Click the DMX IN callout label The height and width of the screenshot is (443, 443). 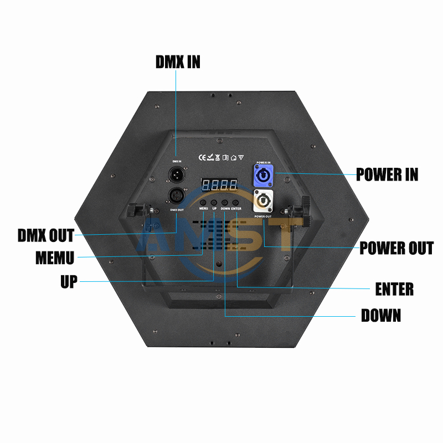click(x=178, y=61)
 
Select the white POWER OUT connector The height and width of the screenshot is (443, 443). click(x=263, y=200)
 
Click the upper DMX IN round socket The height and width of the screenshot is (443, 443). click(x=176, y=174)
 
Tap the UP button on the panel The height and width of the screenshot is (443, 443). click(x=214, y=202)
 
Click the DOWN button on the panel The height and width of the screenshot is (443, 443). click(x=225, y=202)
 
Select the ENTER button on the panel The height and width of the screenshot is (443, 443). click(x=236, y=202)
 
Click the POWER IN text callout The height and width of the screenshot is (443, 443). click(x=387, y=174)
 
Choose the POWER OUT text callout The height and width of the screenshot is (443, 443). click(x=396, y=248)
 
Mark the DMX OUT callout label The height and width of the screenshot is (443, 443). click(x=45, y=235)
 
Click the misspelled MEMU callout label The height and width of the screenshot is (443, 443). click(x=54, y=258)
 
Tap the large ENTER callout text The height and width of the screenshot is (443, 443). click(x=394, y=289)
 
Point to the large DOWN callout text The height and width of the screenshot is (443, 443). click(x=381, y=316)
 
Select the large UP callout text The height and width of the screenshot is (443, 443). click(x=69, y=281)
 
